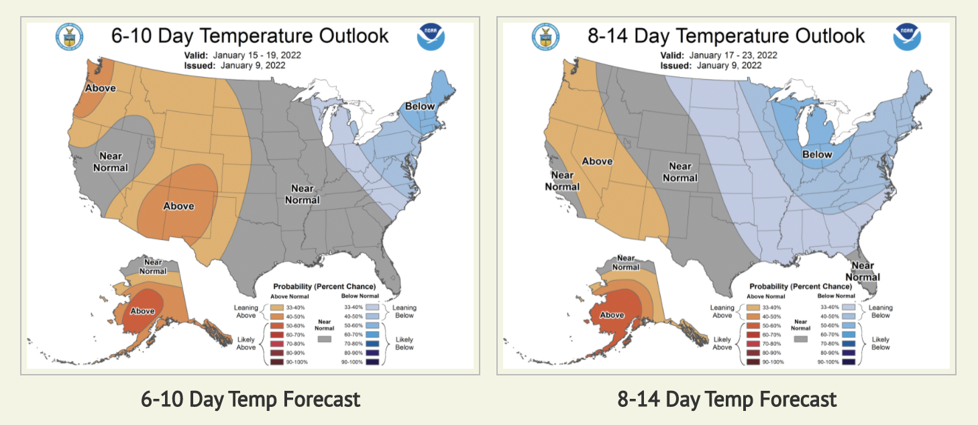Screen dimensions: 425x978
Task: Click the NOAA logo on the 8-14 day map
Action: tap(906, 37)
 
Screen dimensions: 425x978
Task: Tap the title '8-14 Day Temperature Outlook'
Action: tap(726, 36)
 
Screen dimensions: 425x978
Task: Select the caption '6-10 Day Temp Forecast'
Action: tap(251, 400)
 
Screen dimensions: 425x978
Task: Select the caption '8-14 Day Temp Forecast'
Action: tap(727, 400)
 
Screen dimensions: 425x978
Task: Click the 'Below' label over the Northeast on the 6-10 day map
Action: tap(419, 107)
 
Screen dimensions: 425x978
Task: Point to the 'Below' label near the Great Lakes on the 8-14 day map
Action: tap(817, 155)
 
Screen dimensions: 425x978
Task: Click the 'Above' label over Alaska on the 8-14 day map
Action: tap(612, 315)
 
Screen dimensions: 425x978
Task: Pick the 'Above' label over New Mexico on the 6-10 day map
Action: tap(178, 206)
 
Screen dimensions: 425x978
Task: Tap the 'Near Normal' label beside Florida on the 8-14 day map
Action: tap(863, 271)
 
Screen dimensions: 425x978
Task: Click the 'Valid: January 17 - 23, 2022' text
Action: tap(718, 56)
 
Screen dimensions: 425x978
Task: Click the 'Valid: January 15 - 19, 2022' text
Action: tap(242, 56)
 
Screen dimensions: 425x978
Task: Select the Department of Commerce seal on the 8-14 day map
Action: tap(545, 37)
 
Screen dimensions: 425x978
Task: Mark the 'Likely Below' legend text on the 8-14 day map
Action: tap(881, 343)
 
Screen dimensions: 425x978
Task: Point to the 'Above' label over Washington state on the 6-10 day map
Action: tap(100, 88)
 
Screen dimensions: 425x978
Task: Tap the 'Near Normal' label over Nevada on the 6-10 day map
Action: tap(110, 162)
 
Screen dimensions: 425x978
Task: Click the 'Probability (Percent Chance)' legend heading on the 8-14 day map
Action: tap(797, 286)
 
